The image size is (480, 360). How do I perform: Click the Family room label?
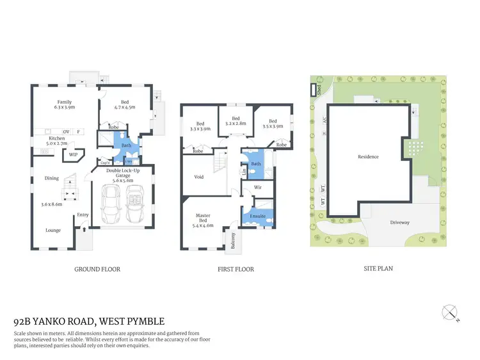click(x=64, y=102)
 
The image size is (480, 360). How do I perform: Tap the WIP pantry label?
click(x=73, y=154)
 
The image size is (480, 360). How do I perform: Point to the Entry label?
click(x=83, y=215)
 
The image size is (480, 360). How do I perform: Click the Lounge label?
click(x=52, y=230)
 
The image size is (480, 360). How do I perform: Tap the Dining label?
click(x=52, y=178)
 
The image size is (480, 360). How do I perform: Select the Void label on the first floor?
click(x=199, y=177)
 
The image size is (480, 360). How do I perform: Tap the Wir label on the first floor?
click(x=258, y=188)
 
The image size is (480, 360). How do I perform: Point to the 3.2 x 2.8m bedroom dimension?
click(x=236, y=123)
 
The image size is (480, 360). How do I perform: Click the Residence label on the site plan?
click(x=368, y=157)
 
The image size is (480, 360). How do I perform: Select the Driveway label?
click(x=400, y=222)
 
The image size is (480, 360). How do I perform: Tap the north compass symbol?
click(x=452, y=313)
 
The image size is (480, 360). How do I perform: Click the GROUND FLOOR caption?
click(x=97, y=269)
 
